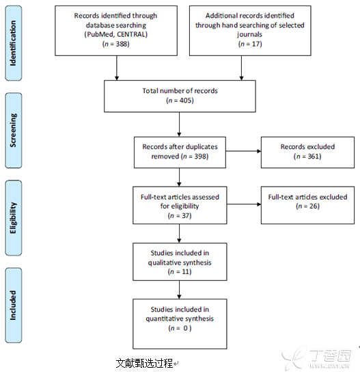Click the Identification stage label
[x=14, y=43]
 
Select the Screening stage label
[x=14, y=131]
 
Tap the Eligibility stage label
[x=14, y=217]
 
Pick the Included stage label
[x=14, y=305]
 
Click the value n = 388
[x=116, y=44]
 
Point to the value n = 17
[x=250, y=44]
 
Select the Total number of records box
[x=180, y=96]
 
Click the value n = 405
[x=180, y=100]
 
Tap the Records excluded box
[x=307, y=152]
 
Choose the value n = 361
[x=307, y=157]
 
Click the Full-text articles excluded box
[x=307, y=205]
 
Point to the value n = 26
[x=307, y=206]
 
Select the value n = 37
[x=180, y=215]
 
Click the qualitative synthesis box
[x=180, y=262]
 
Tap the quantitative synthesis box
[x=180, y=324]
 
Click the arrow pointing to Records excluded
[x=243, y=151]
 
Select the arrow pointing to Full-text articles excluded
[x=244, y=204]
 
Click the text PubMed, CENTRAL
[x=116, y=34]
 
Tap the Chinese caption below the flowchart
[x=144, y=363]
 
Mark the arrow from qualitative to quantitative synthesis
[x=179, y=290]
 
